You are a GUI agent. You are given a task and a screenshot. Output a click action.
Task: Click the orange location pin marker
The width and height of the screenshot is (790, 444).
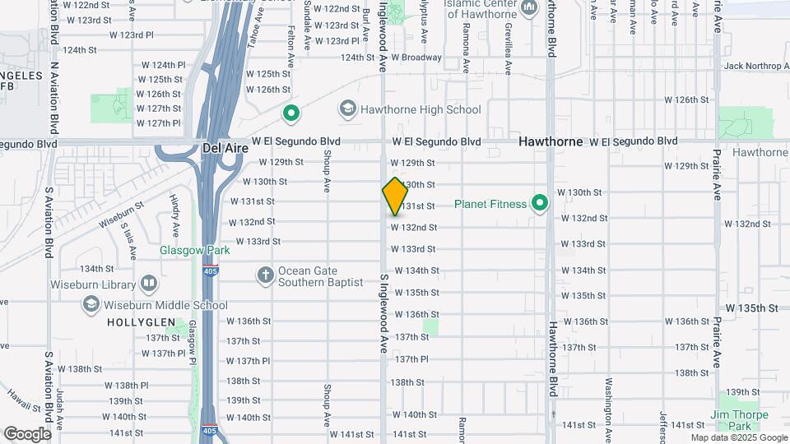click(395, 196)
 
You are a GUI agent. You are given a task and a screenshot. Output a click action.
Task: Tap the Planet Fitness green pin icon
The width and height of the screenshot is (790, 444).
click(540, 203)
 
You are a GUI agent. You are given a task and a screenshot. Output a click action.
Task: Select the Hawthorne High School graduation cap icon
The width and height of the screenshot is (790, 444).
click(347, 109)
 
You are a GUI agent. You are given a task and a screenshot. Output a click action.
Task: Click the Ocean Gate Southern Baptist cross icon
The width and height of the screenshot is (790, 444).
click(265, 275)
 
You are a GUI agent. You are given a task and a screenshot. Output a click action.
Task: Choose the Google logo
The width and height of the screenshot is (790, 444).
click(27, 433)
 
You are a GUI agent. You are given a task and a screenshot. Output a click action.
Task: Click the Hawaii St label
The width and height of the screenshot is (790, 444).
click(25, 400)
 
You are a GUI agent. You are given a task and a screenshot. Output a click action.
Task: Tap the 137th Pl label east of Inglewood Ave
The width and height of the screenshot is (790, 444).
click(412, 359)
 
